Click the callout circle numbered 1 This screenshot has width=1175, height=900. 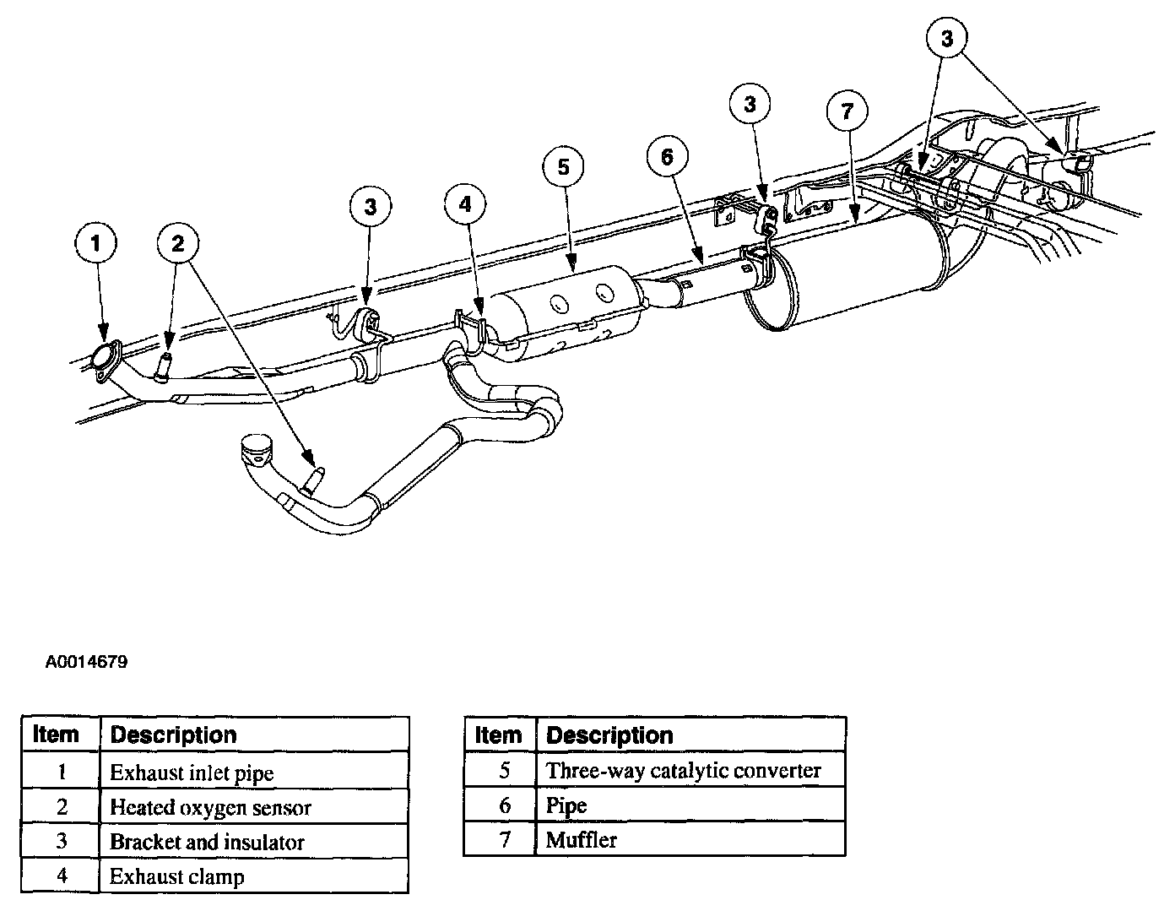click(x=95, y=244)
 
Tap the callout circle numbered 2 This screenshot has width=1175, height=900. click(x=177, y=244)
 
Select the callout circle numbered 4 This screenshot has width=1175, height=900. click(x=467, y=203)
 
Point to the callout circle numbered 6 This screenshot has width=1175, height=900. click(x=667, y=157)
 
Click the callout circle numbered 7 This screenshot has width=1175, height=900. click(x=847, y=110)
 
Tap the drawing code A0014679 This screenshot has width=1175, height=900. click(x=87, y=663)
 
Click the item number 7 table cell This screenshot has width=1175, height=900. click(x=504, y=840)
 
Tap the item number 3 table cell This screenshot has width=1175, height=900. click(x=62, y=842)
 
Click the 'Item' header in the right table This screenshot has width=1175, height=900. click(x=499, y=735)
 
